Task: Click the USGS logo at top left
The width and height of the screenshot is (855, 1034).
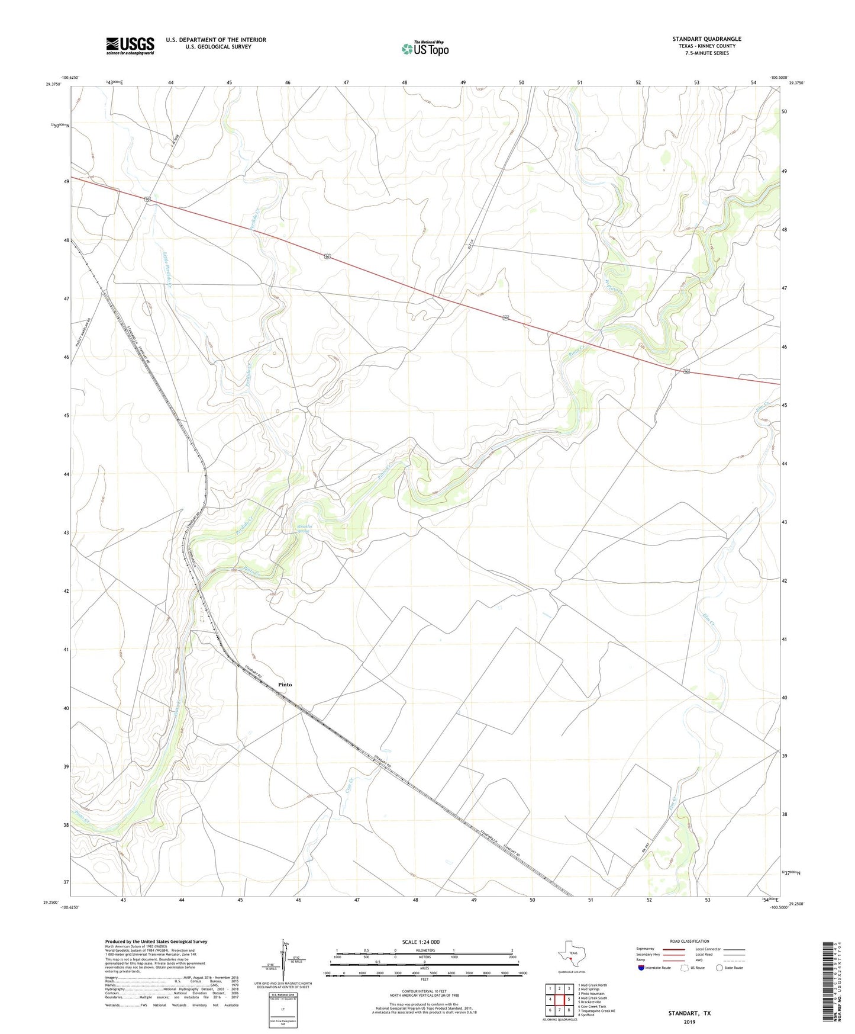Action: (x=130, y=46)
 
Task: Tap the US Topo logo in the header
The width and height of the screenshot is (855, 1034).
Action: (x=424, y=48)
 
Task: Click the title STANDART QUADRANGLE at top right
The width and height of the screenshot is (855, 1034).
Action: (x=706, y=39)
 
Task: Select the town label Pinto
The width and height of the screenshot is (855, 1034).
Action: (x=285, y=685)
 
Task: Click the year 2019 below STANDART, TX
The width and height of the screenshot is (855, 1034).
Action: (x=689, y=1022)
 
